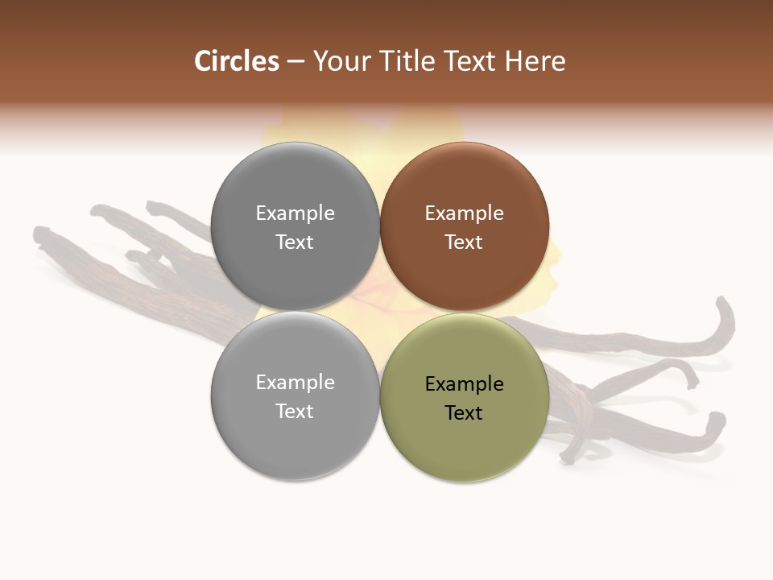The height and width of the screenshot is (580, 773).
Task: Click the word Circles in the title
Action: click(x=237, y=61)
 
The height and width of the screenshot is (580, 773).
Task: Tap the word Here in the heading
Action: click(x=535, y=61)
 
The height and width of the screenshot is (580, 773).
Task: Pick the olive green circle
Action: click(x=465, y=443)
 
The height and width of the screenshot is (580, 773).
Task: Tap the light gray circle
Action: click(x=295, y=443)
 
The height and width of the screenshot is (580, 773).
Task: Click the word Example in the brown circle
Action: click(x=464, y=213)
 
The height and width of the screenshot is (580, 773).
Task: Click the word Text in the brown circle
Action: click(x=464, y=242)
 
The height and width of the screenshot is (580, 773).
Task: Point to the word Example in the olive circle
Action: click(x=464, y=384)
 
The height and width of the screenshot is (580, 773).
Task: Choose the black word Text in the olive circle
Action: click(x=464, y=413)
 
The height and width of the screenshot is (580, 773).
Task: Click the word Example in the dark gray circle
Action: click(x=295, y=213)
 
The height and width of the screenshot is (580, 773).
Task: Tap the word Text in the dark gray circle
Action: click(x=295, y=242)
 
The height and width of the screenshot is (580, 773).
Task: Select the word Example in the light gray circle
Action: click(x=295, y=383)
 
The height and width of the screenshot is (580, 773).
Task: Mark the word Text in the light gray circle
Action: click(x=295, y=412)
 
